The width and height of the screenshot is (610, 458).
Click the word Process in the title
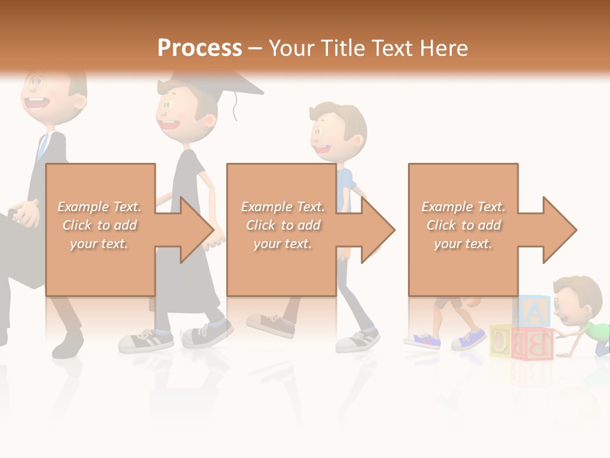200,48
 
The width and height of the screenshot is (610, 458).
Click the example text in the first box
99,225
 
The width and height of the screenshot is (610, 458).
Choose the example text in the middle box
282,225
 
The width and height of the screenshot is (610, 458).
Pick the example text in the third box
463,225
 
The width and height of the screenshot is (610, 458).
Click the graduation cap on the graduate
216,83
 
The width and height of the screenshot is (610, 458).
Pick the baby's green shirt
597,331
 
